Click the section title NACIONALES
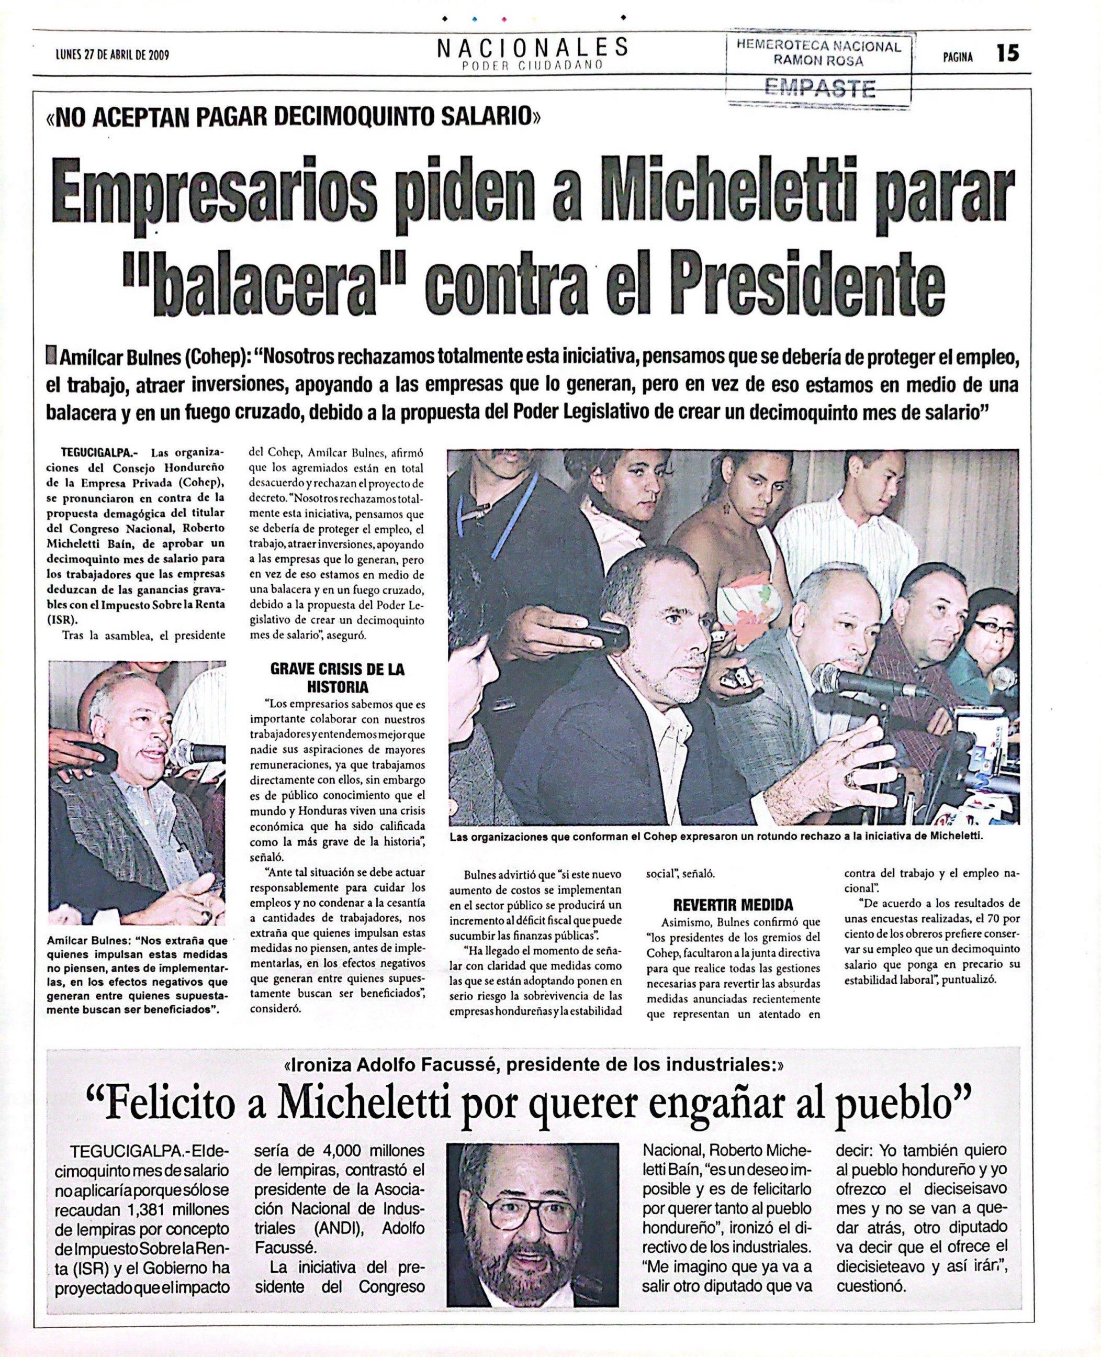(532, 47)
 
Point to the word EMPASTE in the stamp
(821, 87)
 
